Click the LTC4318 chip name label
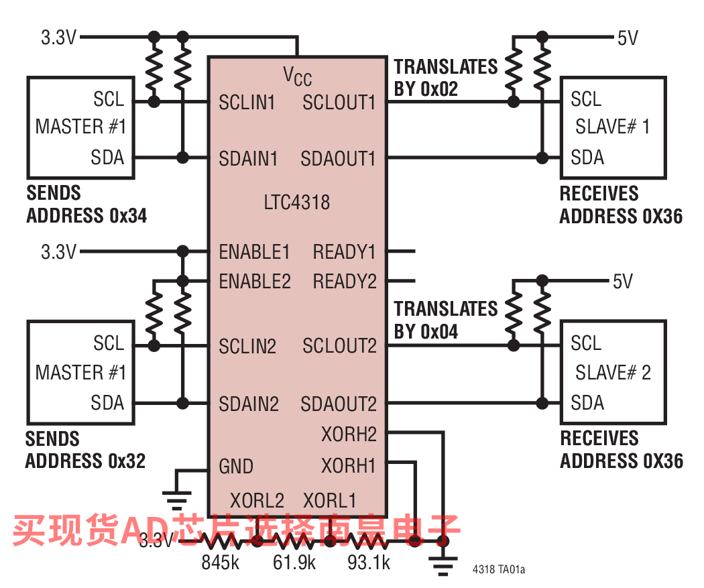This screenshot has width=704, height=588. coord(297,202)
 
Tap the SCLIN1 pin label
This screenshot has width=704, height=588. coord(247,103)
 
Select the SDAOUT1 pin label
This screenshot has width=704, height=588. coord(338,159)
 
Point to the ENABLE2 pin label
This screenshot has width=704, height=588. coord(255,282)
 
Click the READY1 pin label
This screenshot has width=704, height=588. coord(344,252)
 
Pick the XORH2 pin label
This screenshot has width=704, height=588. coord(349,434)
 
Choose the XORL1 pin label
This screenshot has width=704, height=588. coord(330,500)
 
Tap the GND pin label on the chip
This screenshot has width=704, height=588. coord(236,467)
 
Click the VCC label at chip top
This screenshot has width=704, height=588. coord(297,76)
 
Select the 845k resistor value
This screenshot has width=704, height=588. coord(221,563)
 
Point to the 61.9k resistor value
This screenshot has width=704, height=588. coord(294,563)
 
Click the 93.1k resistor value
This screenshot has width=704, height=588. coord(369,563)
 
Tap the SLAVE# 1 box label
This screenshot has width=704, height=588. coord(612,127)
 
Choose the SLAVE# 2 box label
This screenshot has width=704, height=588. coord(613,373)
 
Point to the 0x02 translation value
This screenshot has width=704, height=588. coord(439,89)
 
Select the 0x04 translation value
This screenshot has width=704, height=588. coord(439,332)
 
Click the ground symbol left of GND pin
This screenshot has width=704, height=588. coord(177,499)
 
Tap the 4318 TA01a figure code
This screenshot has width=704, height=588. coord(498,570)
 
